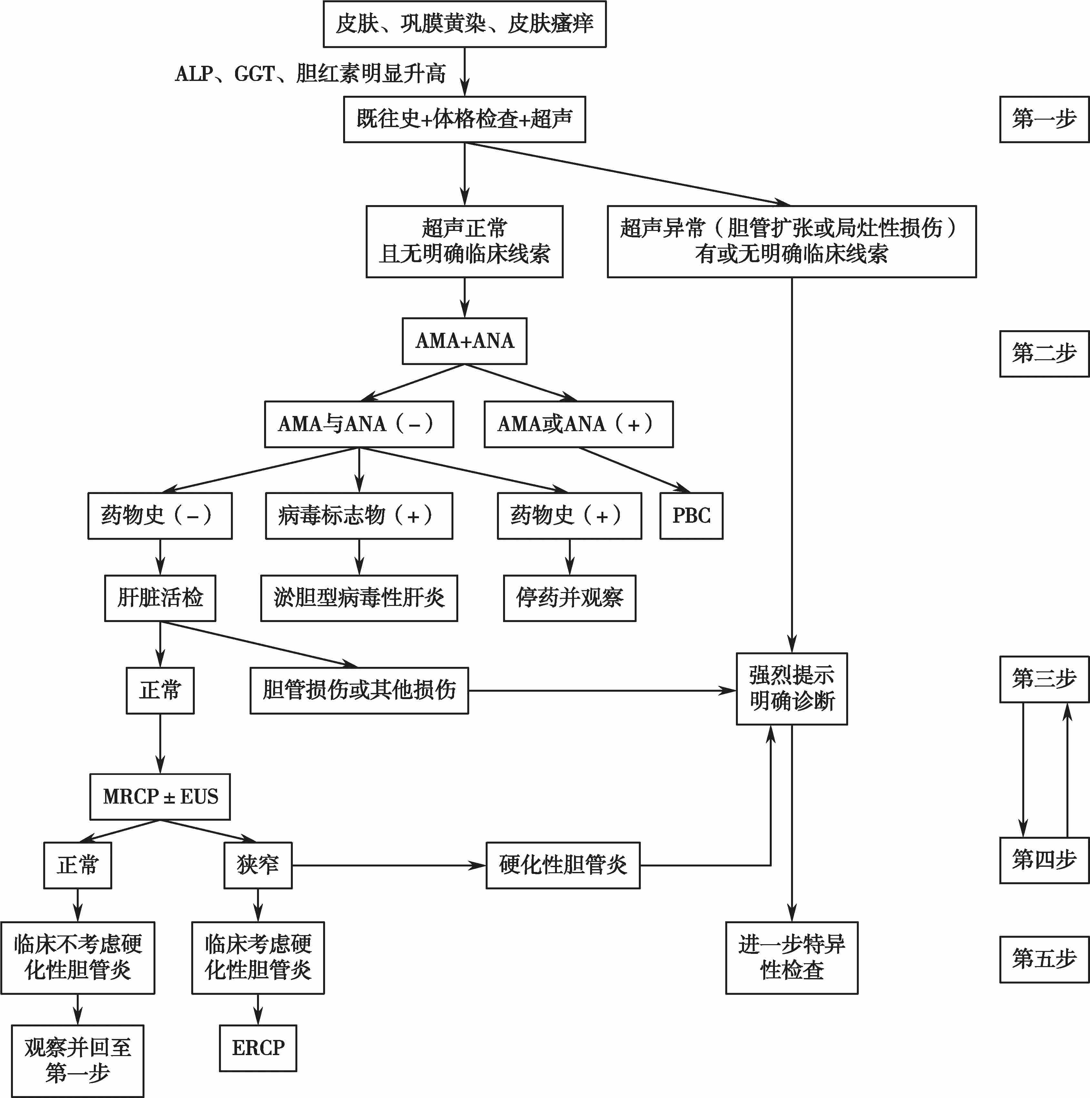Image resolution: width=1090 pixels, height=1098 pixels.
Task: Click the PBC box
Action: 691,516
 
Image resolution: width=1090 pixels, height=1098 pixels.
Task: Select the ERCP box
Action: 258,1048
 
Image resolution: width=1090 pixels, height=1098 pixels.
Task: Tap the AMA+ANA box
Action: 464,341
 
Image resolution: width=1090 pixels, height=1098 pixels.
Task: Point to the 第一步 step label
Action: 1044,119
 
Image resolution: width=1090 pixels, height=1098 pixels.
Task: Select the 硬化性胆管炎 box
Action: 563,865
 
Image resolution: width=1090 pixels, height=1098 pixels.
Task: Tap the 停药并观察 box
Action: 570,598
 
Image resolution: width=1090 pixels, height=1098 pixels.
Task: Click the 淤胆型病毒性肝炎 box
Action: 359,598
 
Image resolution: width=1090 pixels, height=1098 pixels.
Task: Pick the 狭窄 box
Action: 258,865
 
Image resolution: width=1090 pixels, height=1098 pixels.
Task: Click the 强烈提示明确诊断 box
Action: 792,689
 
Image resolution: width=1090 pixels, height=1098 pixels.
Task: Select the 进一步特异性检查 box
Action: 792,958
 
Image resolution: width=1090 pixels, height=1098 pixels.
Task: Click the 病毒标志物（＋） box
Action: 359,516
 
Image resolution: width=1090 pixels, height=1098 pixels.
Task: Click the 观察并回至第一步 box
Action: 78,1061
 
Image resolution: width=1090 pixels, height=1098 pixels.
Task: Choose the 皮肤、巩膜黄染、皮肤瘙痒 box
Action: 464,24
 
